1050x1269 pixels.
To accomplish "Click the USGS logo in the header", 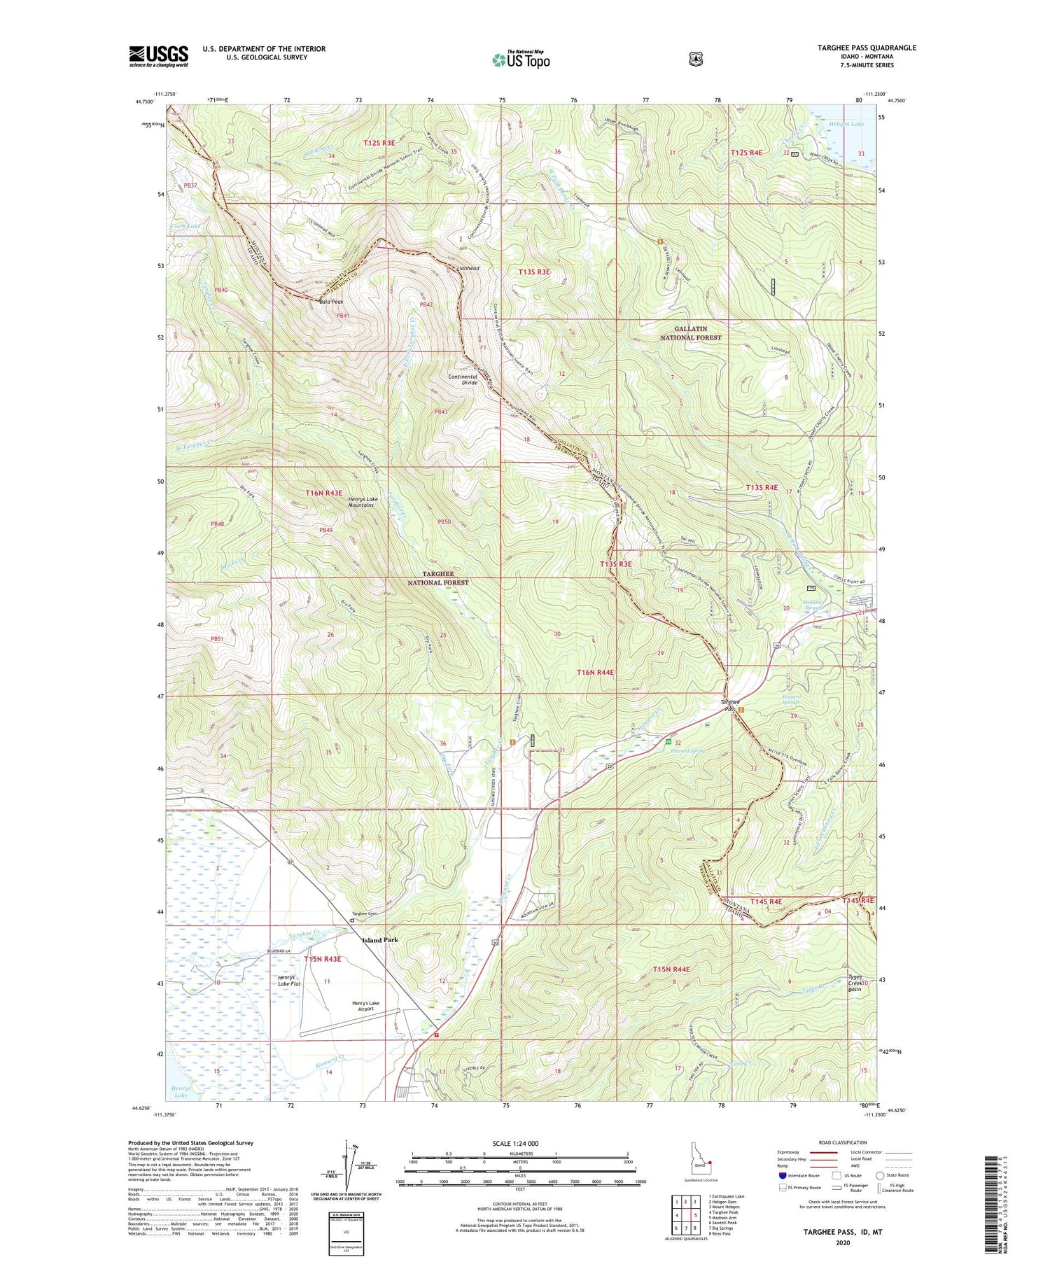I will click(x=158, y=56).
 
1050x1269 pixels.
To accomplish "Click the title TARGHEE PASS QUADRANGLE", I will click(x=867, y=48).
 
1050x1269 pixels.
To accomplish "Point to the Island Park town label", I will click(x=380, y=940).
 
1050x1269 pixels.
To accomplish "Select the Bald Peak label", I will click(x=331, y=302).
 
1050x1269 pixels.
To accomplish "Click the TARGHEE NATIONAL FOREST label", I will click(x=438, y=578).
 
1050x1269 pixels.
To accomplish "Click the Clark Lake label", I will click(x=184, y=227).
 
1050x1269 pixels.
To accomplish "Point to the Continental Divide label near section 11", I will click(x=463, y=379).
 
